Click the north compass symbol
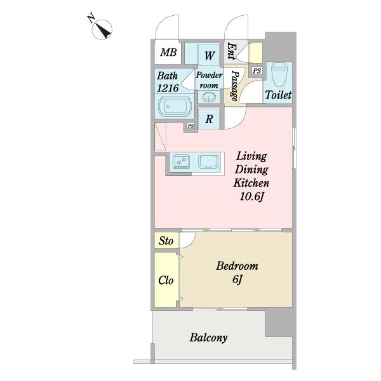(102, 29)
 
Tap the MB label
(168, 52)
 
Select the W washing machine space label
(210, 56)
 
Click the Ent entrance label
(231, 51)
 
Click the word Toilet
(278, 95)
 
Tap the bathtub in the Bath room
(175, 107)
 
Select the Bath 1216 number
(168, 88)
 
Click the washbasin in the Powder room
(209, 97)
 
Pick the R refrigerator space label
(209, 119)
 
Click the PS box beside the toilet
(257, 70)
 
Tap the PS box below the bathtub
(190, 126)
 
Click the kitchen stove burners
(181, 161)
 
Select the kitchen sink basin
(208, 161)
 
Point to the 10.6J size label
(251, 196)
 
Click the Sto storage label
(166, 241)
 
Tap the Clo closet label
(166, 281)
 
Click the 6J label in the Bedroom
(237, 279)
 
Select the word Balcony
(208, 338)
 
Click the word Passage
(234, 86)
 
